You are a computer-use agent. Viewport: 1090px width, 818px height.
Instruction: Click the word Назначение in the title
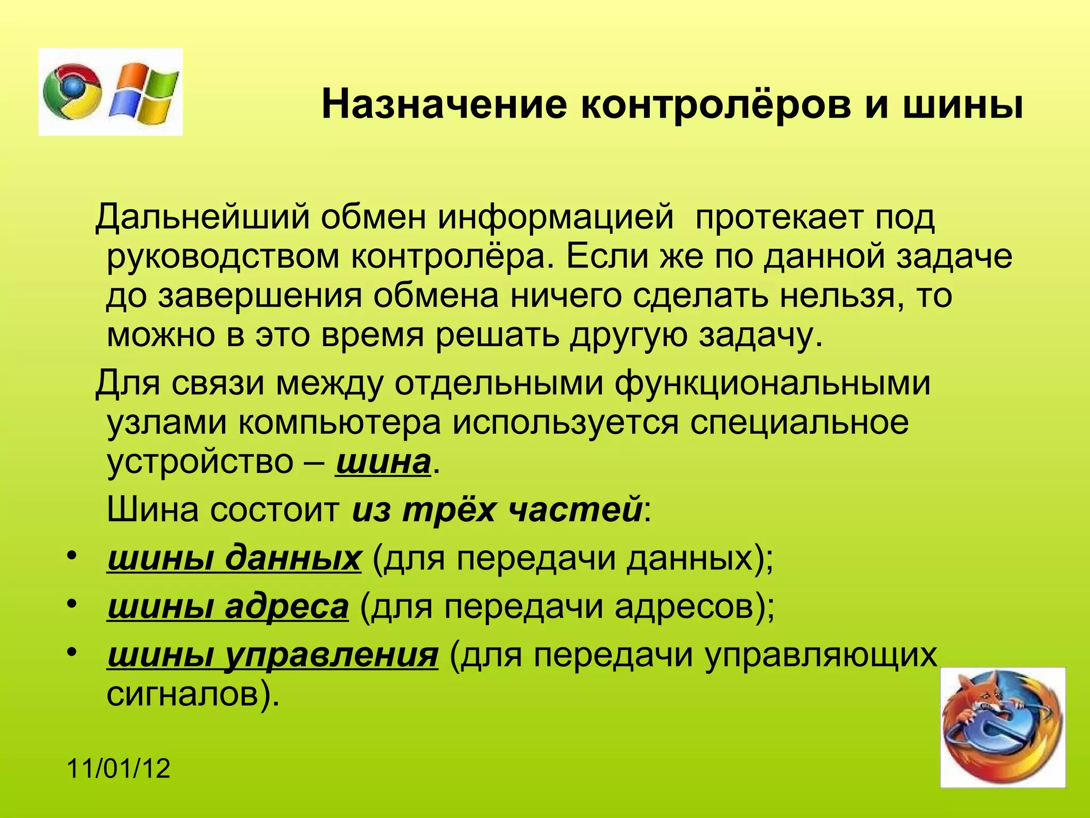(x=444, y=105)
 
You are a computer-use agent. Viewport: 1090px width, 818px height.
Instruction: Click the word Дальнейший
(x=202, y=217)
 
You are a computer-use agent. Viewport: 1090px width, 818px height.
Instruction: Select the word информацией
(x=556, y=217)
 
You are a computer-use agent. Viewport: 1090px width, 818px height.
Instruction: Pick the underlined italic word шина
(x=382, y=461)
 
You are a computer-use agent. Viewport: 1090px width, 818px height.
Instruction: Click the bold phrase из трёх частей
(x=496, y=510)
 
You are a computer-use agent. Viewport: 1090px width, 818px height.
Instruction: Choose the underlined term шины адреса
(x=228, y=607)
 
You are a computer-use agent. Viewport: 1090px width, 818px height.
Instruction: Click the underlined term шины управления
(x=272, y=655)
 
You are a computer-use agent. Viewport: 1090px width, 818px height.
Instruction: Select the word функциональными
(x=773, y=383)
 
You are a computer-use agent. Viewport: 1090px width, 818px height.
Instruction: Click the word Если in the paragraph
(x=607, y=257)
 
